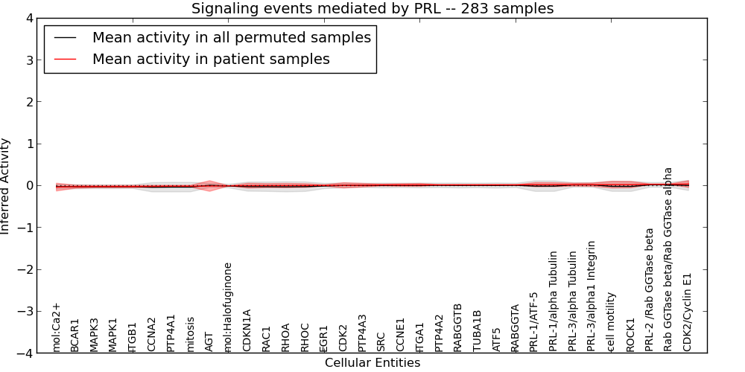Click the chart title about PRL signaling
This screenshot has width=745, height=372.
pos(372,9)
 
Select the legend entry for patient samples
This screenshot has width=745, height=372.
pos(211,59)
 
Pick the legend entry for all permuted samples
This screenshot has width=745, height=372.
pos(231,37)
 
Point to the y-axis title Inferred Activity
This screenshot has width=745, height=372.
pos(6,186)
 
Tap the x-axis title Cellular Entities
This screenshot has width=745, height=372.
pos(372,363)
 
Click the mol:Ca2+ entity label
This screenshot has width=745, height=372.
pos(56,327)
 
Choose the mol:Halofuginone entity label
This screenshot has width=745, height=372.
pos(228,307)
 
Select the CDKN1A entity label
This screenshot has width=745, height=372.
pos(247,330)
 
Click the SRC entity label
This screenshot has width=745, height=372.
pos(381,341)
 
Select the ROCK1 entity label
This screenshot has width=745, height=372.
pos(630,335)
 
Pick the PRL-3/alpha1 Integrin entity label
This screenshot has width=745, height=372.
pos(592,295)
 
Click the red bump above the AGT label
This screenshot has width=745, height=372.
pos(209,183)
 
